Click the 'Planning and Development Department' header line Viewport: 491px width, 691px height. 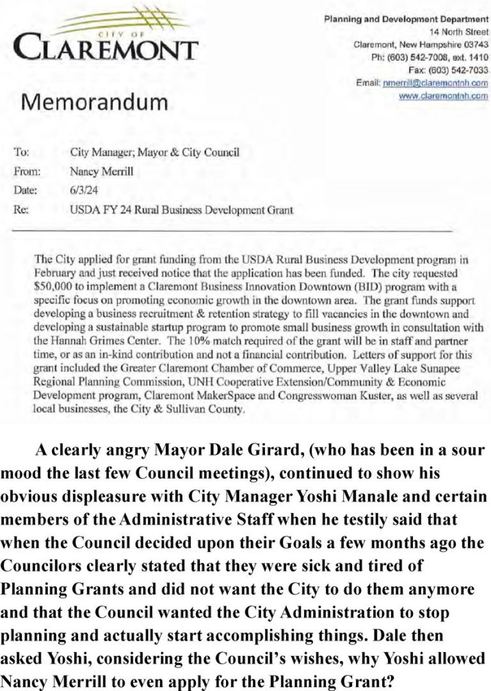coord(407,20)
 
